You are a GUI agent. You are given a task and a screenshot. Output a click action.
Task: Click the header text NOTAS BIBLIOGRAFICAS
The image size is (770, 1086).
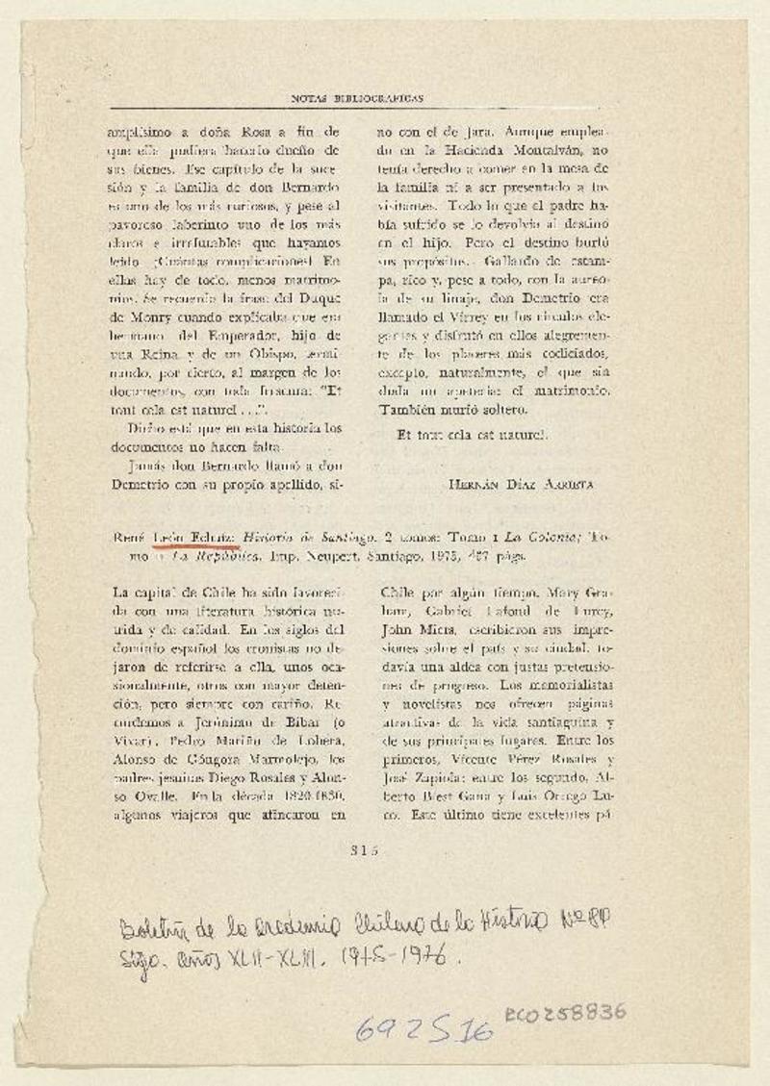(357, 98)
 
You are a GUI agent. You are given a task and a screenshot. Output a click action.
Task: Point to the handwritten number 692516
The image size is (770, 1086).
(424, 1030)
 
